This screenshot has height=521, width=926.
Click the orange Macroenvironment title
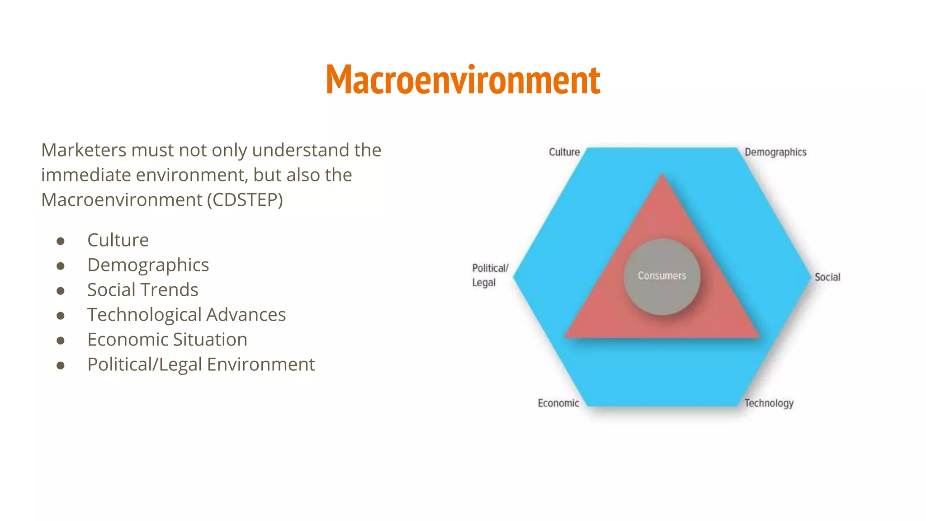463,80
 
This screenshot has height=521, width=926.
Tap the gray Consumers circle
662,276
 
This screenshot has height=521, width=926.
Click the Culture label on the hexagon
564,152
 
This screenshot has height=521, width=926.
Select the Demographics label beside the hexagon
775,152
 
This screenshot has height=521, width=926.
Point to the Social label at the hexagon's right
827,277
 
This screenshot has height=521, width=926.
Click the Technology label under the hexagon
769,403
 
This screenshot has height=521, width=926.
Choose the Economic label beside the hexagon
558,403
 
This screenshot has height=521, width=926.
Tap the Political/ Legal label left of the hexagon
490,275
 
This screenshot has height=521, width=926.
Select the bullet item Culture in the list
118,240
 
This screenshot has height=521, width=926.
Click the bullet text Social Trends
143,290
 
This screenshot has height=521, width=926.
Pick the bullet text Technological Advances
186,315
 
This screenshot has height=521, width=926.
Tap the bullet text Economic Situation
167,340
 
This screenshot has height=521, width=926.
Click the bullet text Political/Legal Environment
201,365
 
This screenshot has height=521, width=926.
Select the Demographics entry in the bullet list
148,265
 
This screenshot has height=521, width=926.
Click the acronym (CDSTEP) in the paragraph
245,200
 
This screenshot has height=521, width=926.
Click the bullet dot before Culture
61,241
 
